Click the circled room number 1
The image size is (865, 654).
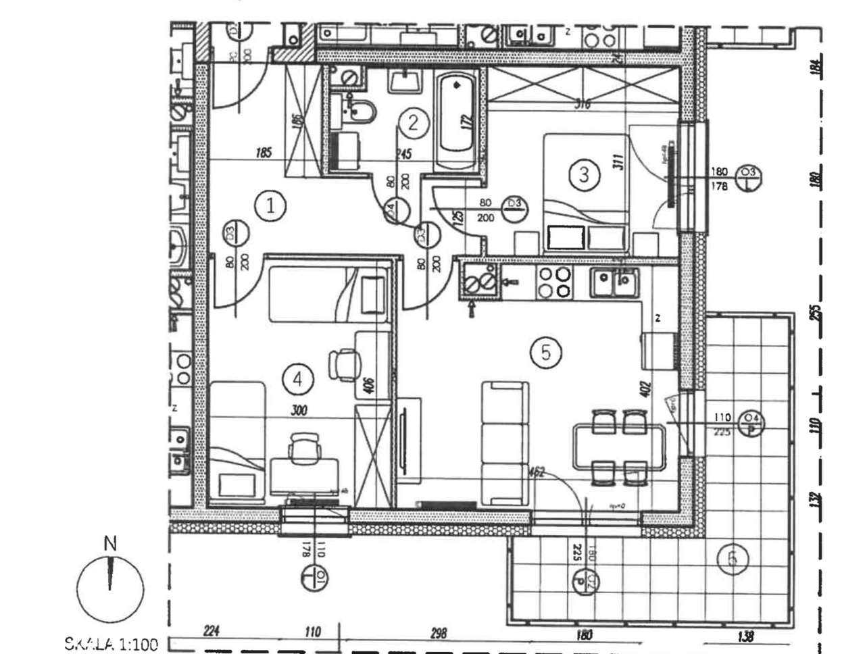[271, 205]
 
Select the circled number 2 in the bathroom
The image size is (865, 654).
[414, 123]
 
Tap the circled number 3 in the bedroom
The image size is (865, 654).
[584, 175]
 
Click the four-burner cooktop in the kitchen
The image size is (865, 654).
[554, 282]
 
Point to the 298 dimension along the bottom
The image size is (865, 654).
[438, 633]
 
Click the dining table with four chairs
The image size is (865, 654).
[618, 447]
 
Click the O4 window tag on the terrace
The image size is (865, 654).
[750, 423]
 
